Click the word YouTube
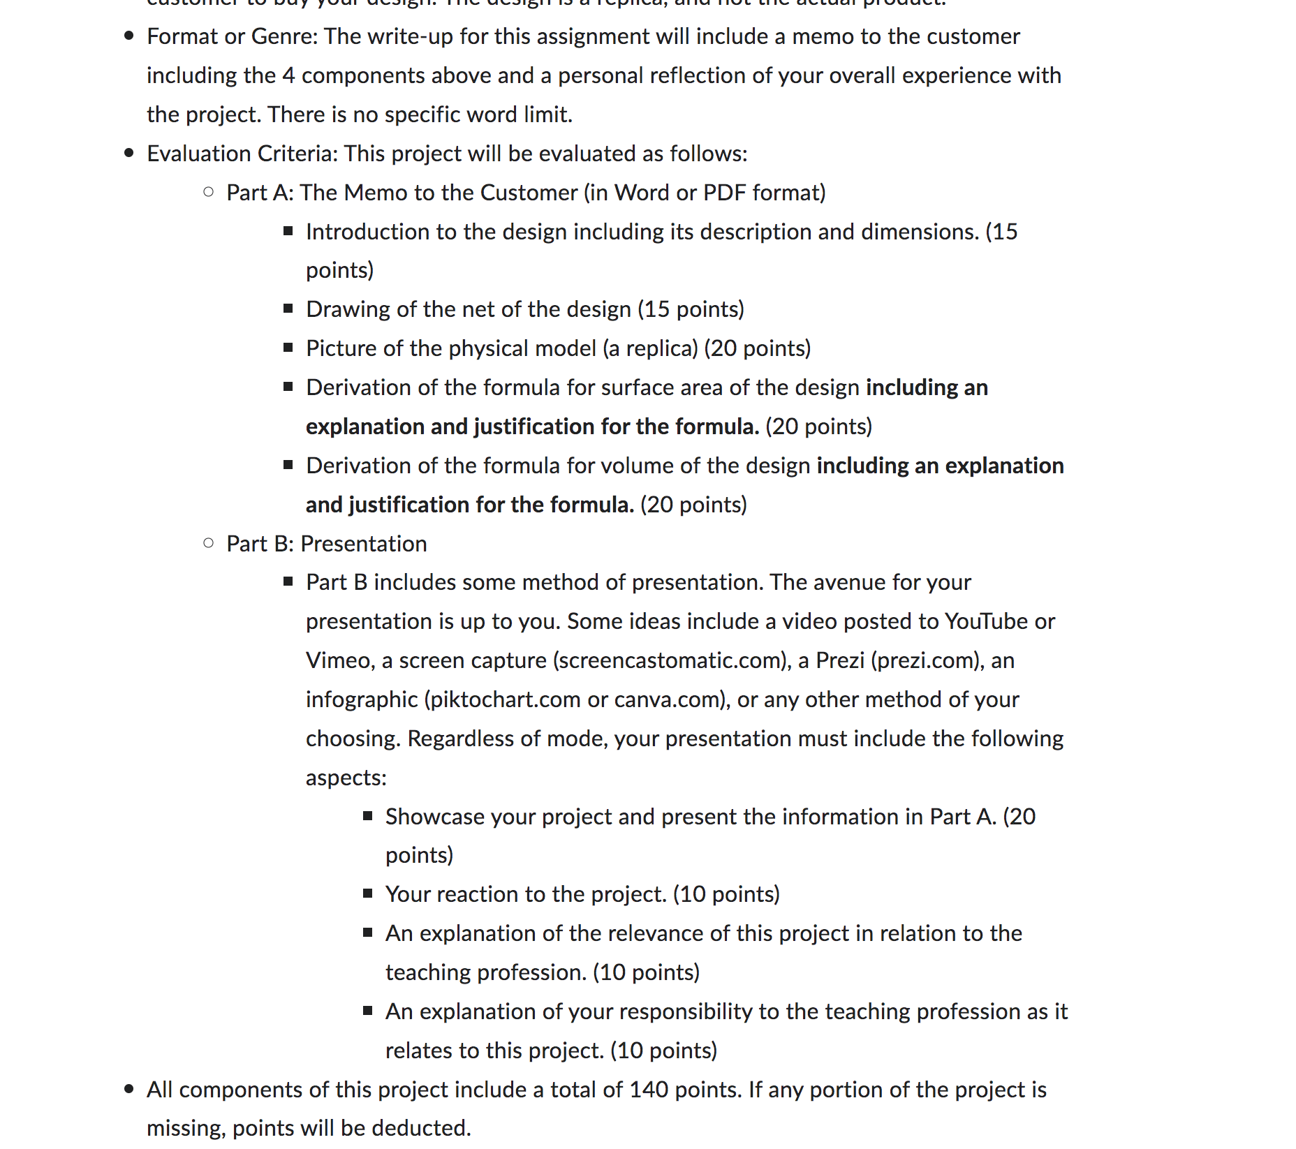(986, 621)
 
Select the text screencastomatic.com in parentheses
(670, 660)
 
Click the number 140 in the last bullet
(649, 1090)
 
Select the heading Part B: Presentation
(326, 544)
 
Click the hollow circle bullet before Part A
(208, 192)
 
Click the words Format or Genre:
(232, 36)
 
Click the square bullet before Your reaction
(368, 894)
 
